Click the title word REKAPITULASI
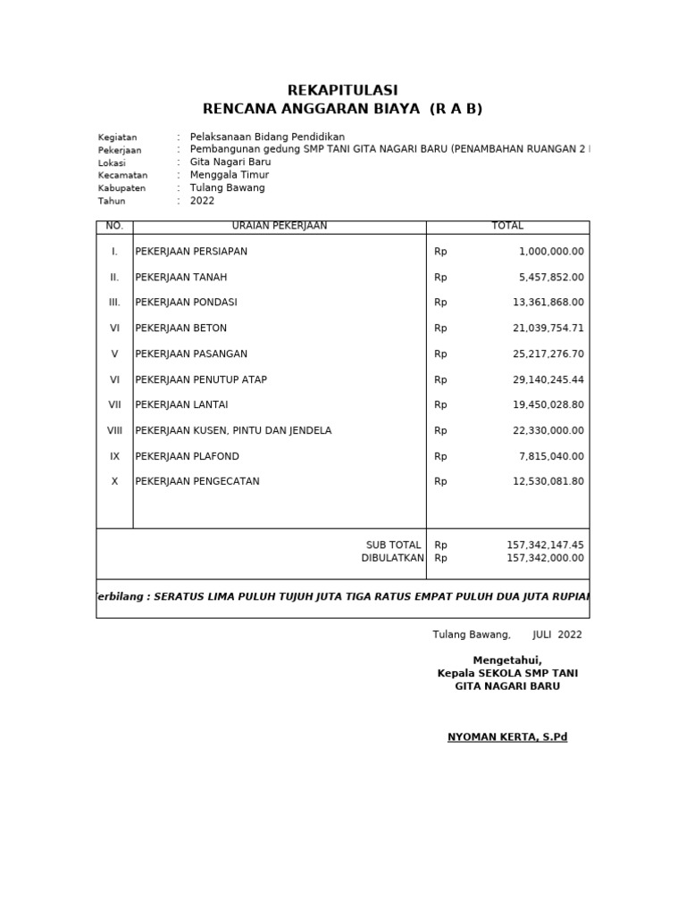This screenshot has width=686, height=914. pyautogui.click(x=342, y=90)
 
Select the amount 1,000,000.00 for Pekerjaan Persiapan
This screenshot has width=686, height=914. pyautogui.click(x=551, y=252)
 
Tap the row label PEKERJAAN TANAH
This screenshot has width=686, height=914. pyautogui.click(x=181, y=278)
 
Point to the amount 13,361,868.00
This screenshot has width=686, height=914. pyautogui.click(x=548, y=303)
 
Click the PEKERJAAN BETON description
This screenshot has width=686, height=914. pyautogui.click(x=181, y=328)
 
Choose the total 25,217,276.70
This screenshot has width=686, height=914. pyautogui.click(x=548, y=354)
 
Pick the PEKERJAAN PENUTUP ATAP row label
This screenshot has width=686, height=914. pyautogui.click(x=201, y=379)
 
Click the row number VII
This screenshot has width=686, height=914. pyautogui.click(x=114, y=405)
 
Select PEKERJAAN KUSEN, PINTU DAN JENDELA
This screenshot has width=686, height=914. pyautogui.click(x=233, y=430)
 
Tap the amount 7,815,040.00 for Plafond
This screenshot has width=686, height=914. pyautogui.click(x=551, y=456)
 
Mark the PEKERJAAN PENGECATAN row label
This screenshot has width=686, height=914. pyautogui.click(x=197, y=482)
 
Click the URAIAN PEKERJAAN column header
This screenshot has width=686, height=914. pyautogui.click(x=280, y=227)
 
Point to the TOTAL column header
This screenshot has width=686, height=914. pyautogui.click(x=507, y=227)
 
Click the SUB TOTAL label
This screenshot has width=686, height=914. pyautogui.click(x=393, y=544)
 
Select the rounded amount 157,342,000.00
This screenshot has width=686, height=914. pyautogui.click(x=545, y=558)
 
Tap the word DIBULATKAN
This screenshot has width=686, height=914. pyautogui.click(x=392, y=558)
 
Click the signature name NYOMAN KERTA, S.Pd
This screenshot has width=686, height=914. pyautogui.click(x=507, y=737)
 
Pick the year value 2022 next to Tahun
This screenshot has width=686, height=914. pyautogui.click(x=203, y=201)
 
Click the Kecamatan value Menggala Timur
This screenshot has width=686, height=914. pyautogui.click(x=230, y=176)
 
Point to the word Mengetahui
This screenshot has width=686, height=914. pyautogui.click(x=507, y=660)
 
